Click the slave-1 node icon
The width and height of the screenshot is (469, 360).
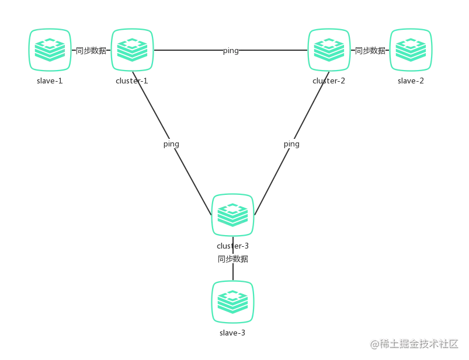coord(50,50)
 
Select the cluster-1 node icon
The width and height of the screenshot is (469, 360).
coord(132,50)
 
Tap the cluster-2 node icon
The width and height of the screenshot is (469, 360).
coord(329,50)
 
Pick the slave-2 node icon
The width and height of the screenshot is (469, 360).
coord(411,50)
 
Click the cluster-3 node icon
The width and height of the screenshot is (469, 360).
coord(232,215)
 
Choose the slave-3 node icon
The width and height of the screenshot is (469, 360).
coord(232,302)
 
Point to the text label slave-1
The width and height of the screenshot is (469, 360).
coord(50,81)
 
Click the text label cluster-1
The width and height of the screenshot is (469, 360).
coord(132,81)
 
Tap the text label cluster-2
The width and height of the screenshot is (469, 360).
coord(329,81)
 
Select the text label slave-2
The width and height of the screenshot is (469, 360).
coord(411,81)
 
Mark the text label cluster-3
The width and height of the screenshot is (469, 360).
coord(232,246)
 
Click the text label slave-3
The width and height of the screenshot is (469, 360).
coord(232,333)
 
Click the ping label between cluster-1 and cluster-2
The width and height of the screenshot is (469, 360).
coord(231,51)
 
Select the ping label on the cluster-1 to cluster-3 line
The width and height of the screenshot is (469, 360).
coord(171,144)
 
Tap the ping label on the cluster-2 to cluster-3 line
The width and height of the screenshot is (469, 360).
coord(291,144)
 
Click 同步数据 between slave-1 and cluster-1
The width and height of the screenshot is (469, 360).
coord(91,51)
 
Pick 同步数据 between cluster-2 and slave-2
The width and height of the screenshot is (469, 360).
coord(370,51)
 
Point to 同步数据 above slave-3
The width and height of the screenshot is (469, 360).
coord(232,258)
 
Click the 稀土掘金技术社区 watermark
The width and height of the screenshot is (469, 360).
coord(414,344)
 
